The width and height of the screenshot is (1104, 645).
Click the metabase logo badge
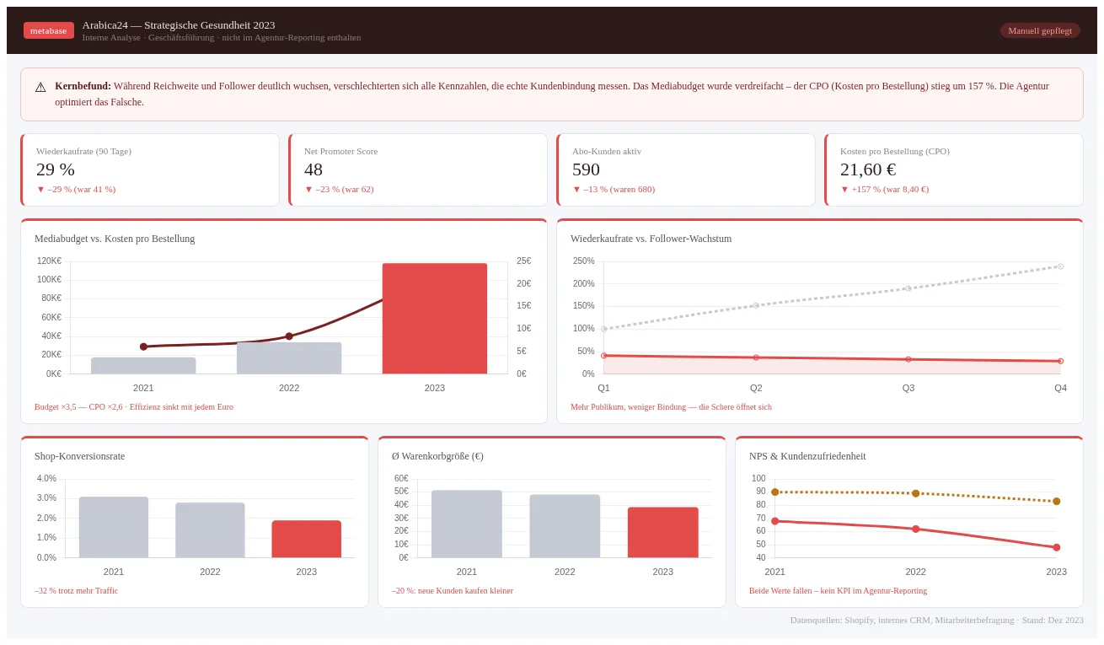(49, 30)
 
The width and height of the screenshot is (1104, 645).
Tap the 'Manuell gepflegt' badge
(1039, 30)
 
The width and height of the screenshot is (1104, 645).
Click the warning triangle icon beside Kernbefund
(40, 88)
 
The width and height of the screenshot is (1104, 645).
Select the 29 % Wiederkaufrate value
(56, 169)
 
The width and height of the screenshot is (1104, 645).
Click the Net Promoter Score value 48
(314, 169)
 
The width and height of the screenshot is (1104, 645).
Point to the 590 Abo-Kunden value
(586, 169)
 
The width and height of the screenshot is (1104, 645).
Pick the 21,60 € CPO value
(868, 169)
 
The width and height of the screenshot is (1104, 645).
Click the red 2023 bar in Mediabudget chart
(434, 319)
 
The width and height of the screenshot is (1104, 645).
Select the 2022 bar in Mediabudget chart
(289, 358)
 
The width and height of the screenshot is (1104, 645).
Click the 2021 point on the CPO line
(143, 347)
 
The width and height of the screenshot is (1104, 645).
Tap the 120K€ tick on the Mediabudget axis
(49, 261)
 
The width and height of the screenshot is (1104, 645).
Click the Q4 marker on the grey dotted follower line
(1060, 266)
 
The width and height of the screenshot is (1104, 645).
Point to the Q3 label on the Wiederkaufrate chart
(908, 388)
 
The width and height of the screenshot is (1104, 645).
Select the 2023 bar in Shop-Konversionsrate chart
(306, 539)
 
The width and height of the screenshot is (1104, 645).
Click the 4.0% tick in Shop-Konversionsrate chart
(46, 478)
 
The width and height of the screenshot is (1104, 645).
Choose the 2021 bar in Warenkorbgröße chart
(466, 524)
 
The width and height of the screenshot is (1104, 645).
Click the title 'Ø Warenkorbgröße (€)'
(437, 456)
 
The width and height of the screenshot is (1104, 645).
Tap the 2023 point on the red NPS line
(1056, 547)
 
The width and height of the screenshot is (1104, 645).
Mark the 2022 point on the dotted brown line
(915, 493)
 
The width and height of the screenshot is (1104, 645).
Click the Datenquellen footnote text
(936, 620)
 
